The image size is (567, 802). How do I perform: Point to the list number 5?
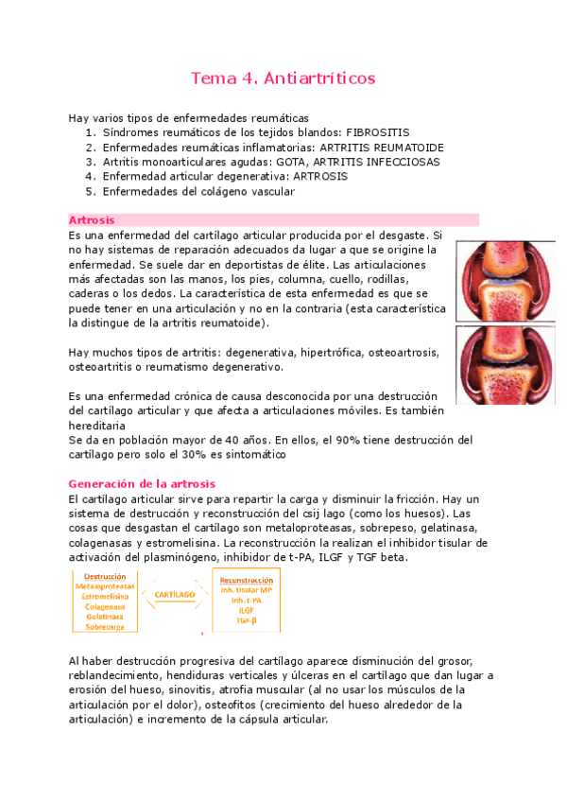(89, 191)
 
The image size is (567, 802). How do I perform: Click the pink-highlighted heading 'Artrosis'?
(93, 219)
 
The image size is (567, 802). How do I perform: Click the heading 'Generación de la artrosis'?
(143, 483)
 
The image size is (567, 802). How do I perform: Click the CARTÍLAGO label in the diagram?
(175, 594)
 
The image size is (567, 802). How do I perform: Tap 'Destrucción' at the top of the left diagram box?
(105, 576)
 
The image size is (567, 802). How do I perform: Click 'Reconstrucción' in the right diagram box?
(246, 580)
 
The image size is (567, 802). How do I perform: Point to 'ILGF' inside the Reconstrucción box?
(246, 610)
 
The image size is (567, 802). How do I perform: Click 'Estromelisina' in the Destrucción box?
(105, 597)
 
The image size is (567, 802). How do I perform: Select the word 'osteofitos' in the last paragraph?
(275, 705)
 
